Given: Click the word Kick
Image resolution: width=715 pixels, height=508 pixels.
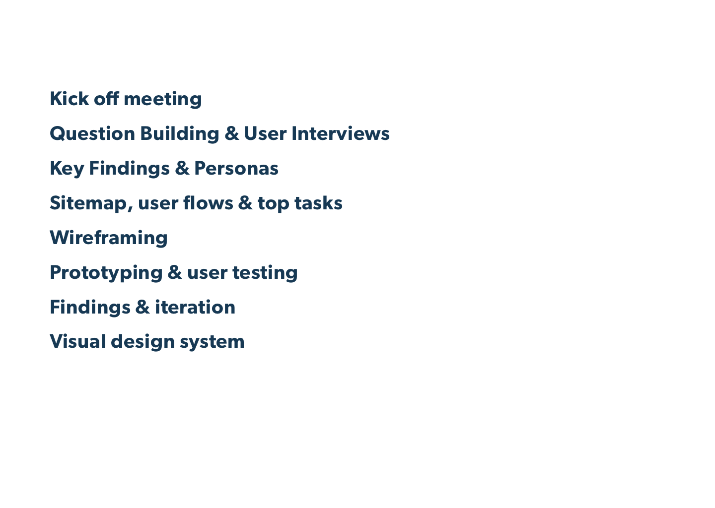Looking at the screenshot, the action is pos(70,99).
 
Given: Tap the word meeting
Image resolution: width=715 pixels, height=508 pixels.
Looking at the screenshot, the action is pos(163,100).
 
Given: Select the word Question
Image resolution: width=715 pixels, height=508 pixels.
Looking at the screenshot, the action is pos(92,133).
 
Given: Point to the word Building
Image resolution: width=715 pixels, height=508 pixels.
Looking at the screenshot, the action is pos(180,134).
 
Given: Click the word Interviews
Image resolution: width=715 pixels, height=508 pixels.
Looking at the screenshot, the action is pos(341,133).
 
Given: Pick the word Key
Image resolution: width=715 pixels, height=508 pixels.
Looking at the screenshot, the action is pos(67,169).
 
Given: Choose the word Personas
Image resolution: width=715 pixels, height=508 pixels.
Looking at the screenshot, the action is pos(236,168).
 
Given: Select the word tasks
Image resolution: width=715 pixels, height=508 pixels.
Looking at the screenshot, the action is pos(319,203).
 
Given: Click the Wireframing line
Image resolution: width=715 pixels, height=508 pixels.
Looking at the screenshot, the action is pos(109,238).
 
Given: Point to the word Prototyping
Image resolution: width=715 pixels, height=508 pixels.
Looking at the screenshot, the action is pos(106,273).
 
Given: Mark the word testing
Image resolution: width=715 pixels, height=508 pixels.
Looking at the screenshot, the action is pos(265,273).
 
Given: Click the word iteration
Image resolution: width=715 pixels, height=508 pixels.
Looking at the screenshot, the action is pos(195,307).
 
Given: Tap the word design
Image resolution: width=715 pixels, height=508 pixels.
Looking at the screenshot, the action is pos(143,342).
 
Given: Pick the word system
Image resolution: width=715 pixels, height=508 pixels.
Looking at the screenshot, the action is pos(213,343).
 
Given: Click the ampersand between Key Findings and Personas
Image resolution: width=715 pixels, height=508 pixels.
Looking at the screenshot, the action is pos(182,168).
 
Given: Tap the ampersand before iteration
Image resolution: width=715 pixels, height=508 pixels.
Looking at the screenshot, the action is pos(143,307).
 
